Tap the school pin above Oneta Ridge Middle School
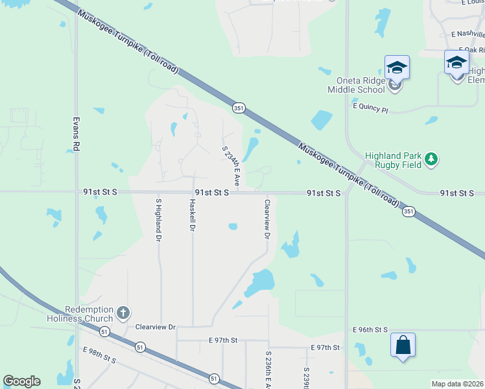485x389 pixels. [397, 67]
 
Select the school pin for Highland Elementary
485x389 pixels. [456, 63]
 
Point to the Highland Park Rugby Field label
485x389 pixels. [393, 160]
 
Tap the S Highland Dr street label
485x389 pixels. [158, 220]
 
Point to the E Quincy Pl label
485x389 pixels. [370, 108]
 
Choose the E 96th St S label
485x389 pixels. [370, 330]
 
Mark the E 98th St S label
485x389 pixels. [99, 355]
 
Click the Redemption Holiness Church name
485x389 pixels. [80, 314]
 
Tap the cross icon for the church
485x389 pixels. [123, 314]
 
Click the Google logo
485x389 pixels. [21, 381]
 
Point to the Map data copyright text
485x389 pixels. [457, 384]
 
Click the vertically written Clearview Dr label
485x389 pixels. [266, 219]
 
